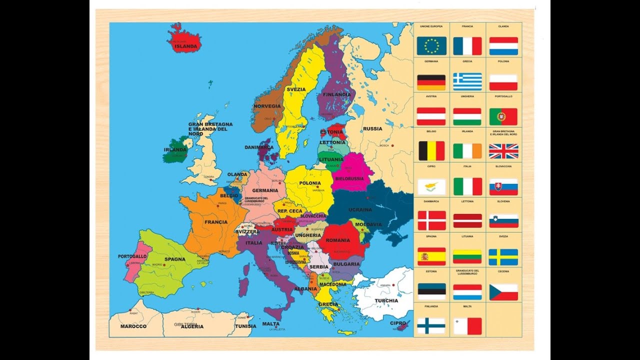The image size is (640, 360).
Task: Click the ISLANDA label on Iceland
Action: point(186,46)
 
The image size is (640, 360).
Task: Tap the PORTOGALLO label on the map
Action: point(132,256)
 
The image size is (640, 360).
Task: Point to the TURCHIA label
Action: point(386,300)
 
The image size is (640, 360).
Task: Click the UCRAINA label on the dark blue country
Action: point(360,209)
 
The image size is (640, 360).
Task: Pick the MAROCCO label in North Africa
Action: point(133,326)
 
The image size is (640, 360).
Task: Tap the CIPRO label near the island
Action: point(398,323)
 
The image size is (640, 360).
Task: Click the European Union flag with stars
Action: point(431,46)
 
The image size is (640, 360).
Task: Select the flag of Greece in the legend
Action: point(467,81)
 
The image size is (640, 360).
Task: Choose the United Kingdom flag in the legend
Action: point(503,151)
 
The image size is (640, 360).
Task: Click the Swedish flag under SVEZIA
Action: point(503,257)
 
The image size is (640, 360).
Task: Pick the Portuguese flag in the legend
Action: point(503,116)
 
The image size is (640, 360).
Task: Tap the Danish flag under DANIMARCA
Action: point(431,220)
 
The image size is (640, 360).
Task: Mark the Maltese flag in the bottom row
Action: point(467,326)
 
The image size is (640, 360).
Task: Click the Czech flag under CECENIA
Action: point(503,292)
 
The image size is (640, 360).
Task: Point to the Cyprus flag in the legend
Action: point(431,186)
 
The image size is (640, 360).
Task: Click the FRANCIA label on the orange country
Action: point(216,222)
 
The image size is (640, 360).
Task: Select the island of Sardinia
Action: point(244,287)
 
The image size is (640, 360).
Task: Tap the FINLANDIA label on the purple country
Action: point(336,94)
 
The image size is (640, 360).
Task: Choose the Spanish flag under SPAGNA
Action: point(431,256)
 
